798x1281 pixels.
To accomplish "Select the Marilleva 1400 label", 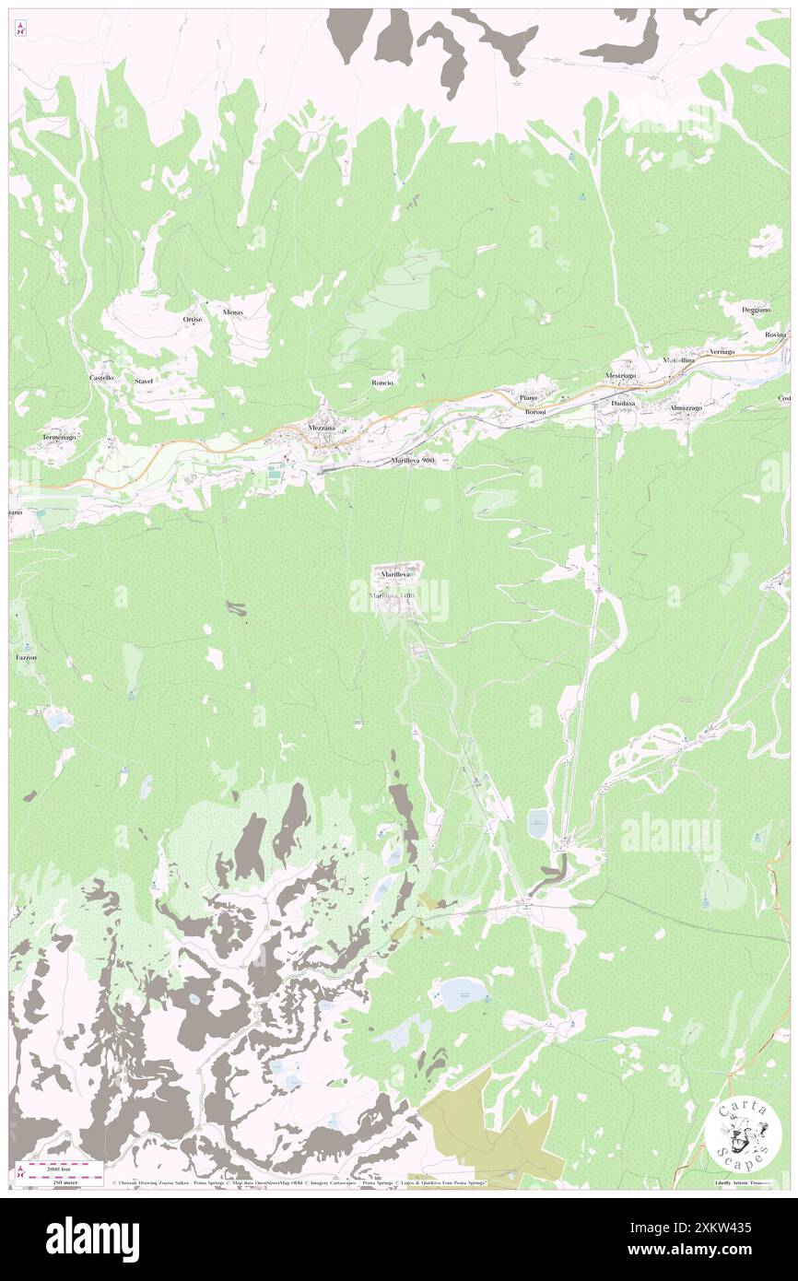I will (393, 596).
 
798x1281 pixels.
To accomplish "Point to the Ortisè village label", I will (192, 320).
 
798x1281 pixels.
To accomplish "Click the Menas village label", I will (233, 312).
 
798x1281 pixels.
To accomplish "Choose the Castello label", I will (101, 379).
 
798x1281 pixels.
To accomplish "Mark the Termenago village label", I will (59, 436).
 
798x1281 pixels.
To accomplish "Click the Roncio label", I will (382, 382).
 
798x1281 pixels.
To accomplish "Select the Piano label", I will (528, 397).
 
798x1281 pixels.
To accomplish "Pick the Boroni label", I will (535, 411).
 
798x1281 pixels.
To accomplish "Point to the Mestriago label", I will (620, 376).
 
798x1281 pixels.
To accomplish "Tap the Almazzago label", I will (687, 407).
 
